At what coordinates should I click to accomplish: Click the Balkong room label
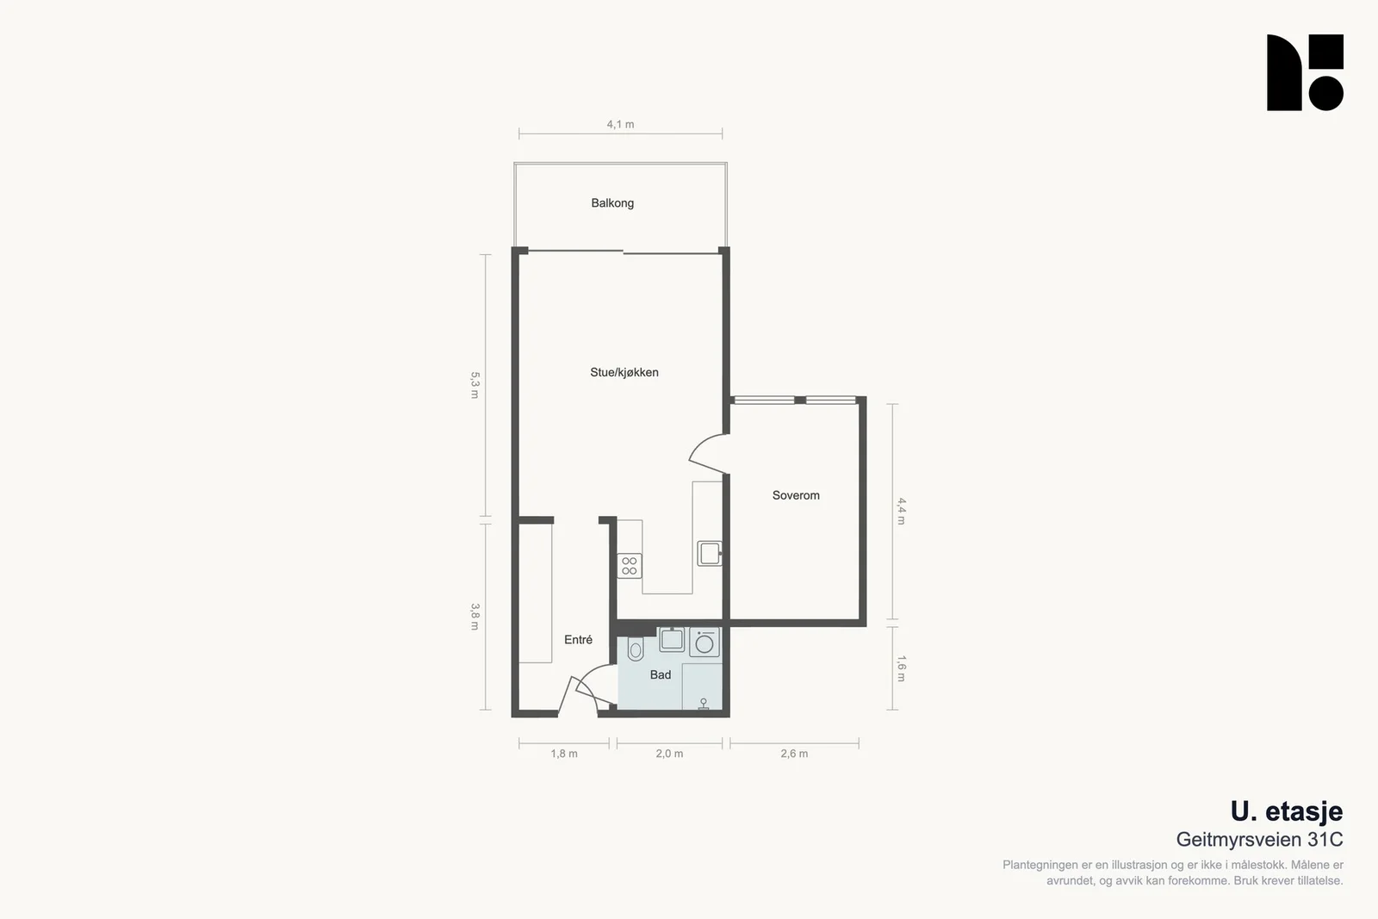(612, 203)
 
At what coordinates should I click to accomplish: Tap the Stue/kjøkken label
(624, 372)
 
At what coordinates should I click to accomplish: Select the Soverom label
(796, 495)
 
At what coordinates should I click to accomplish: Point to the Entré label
(578, 640)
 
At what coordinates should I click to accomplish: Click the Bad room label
(660, 674)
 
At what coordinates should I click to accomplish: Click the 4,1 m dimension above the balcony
(620, 124)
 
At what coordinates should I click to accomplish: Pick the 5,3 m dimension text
(475, 385)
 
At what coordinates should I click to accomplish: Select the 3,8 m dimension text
(475, 617)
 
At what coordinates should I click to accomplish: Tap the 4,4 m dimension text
(901, 511)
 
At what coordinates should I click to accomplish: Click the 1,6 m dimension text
(901, 668)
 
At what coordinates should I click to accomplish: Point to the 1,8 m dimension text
(563, 754)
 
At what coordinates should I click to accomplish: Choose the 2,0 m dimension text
(668, 754)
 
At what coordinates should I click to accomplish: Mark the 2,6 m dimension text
(794, 754)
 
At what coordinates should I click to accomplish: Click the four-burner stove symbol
(630, 566)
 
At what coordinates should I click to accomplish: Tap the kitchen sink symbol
(710, 553)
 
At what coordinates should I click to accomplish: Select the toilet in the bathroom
(636, 649)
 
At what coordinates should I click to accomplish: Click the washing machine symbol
(705, 643)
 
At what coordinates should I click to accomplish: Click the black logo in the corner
(1305, 72)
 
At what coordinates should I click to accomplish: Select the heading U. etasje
(1287, 811)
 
